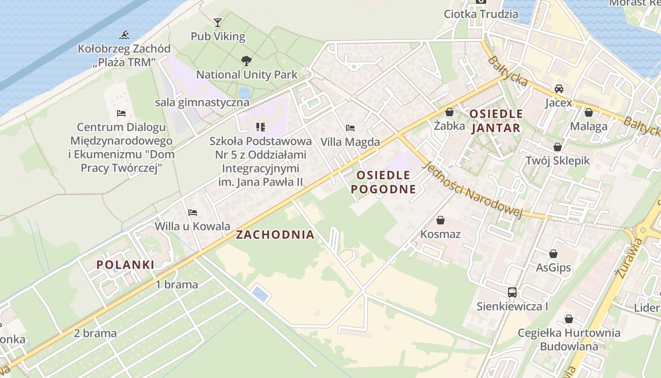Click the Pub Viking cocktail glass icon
pyautogui.click(x=217, y=22)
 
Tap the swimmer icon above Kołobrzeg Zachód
pyautogui.click(x=125, y=35)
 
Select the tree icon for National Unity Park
pyautogui.click(x=246, y=61)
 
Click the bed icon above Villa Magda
pyautogui.click(x=350, y=128)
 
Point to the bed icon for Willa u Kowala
pyautogui.click(x=192, y=213)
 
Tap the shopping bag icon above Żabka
pyautogui.click(x=449, y=112)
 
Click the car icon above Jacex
pyautogui.click(x=559, y=89)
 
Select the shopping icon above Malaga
pyautogui.click(x=588, y=112)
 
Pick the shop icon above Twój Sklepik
pyautogui.click(x=558, y=147)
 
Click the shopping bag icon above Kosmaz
pyautogui.click(x=441, y=220)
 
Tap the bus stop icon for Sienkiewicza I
pyautogui.click(x=512, y=292)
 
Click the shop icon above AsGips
pyautogui.click(x=553, y=254)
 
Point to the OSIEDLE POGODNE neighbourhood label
pyautogui.click(x=386, y=182)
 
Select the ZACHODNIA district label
pyautogui.click(x=275, y=235)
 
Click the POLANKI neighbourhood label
pyautogui.click(x=126, y=265)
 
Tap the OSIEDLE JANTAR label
pyautogui.click(x=496, y=121)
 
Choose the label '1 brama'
pyautogui.click(x=177, y=284)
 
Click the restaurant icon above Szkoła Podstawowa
pyautogui.click(x=260, y=127)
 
